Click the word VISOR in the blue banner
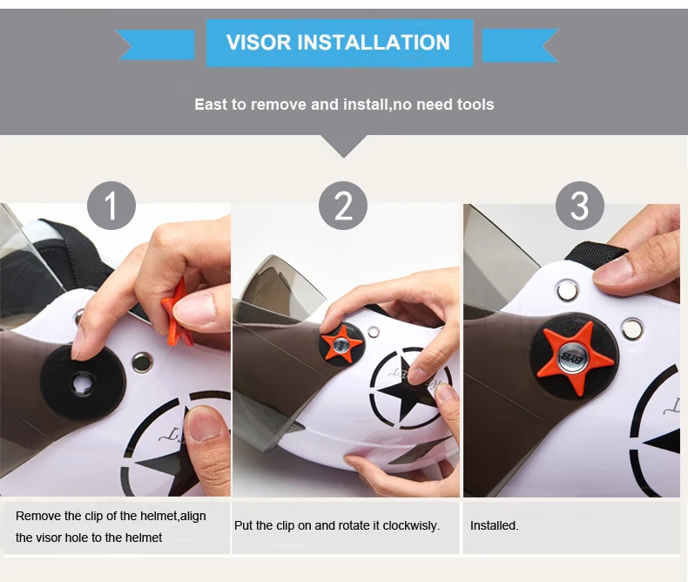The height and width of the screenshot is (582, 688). [259, 43]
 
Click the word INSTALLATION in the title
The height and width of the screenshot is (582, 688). [374, 43]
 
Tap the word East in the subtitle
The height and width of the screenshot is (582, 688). [211, 105]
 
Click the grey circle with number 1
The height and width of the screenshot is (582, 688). [111, 206]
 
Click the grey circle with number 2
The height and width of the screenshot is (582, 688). [343, 206]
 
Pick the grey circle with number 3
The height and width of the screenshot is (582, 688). [580, 206]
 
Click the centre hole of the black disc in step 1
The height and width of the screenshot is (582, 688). [84, 383]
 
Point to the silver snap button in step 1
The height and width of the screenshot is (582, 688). [142, 362]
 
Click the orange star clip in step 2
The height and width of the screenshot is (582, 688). [341, 344]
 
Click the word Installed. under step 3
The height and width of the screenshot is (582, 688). [494, 525]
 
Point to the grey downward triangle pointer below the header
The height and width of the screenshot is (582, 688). [344, 145]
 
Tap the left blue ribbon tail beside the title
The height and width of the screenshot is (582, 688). [156, 44]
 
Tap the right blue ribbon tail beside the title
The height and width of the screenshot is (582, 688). [521, 45]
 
